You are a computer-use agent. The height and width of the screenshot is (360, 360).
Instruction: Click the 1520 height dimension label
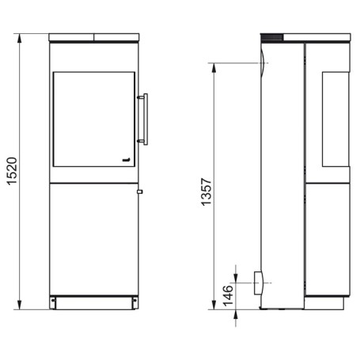12,171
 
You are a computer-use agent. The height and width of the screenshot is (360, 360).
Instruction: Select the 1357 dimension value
207,191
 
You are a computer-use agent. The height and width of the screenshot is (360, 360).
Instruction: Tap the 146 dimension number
228,296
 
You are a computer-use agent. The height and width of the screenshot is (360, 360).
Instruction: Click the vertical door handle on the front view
144,119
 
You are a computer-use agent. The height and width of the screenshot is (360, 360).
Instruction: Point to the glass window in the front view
94,119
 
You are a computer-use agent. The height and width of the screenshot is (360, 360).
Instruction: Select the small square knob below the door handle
140,191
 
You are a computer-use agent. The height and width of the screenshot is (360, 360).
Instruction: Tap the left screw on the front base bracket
53,300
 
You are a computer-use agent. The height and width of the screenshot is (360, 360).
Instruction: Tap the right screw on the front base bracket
135,300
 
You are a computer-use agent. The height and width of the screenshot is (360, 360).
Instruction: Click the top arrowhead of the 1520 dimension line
19,39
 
